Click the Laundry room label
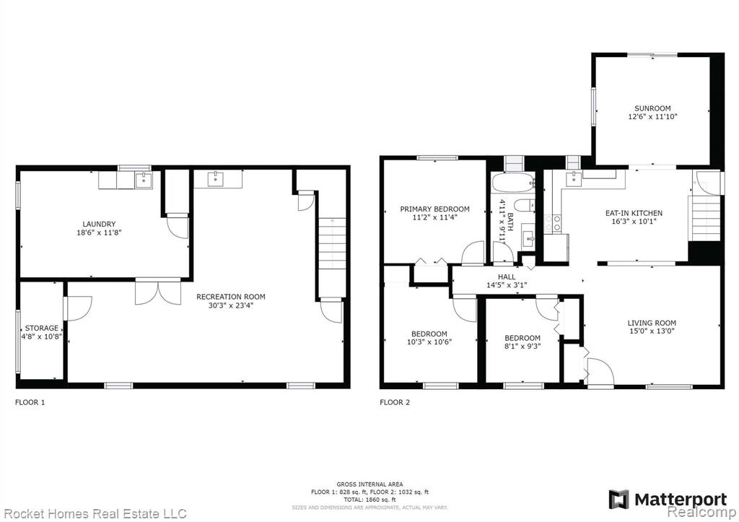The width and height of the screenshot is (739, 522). click(99, 224)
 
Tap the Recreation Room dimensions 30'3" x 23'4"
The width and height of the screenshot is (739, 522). click(231, 305)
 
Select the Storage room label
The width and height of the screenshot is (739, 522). click(42, 329)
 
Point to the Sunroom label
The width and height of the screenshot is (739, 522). click(652, 108)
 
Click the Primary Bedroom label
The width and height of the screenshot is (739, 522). click(434, 209)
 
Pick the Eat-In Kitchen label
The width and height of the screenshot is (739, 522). click(634, 213)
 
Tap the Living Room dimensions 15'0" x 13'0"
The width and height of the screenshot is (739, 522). click(652, 331)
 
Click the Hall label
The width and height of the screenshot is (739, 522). click(507, 277)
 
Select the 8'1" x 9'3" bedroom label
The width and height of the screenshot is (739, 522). click(522, 338)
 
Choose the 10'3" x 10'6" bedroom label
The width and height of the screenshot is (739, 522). click(429, 334)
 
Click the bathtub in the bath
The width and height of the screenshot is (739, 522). click(513, 182)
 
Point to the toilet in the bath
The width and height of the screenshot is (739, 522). click(524, 206)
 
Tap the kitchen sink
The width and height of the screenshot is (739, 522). click(573, 178)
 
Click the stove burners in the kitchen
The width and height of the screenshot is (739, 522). click(552, 223)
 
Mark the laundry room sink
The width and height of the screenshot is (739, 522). click(144, 180)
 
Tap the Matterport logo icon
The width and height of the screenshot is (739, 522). click(618, 500)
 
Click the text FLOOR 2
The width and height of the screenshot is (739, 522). click(395, 402)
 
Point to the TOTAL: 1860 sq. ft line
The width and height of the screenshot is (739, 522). click(369, 500)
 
